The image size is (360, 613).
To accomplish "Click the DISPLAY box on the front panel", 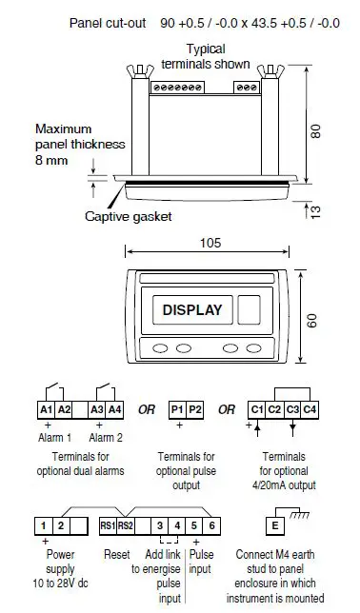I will tap(192, 310).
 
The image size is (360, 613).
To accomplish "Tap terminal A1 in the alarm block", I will tap(46, 410).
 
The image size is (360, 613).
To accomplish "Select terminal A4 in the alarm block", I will tap(114, 410).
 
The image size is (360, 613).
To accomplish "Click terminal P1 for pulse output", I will tap(177, 410).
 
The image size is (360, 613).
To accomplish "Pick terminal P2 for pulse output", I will tap(194, 410).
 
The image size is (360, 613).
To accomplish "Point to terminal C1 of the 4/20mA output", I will tap(257, 410).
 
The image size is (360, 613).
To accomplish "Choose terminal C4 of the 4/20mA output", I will tap(310, 410).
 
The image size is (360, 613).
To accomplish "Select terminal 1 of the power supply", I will tap(44, 525).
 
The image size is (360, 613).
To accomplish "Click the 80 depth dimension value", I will tap(315, 132).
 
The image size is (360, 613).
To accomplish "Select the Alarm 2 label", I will tap(106, 438).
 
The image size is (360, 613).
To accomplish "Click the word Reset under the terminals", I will tap(116, 553).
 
